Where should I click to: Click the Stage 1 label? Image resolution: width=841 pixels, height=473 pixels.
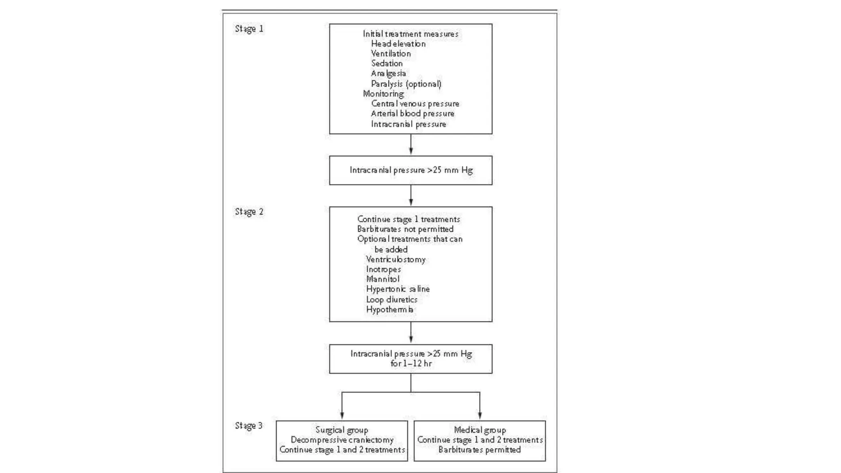point(249,29)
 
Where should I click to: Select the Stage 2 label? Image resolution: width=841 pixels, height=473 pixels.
point(249,212)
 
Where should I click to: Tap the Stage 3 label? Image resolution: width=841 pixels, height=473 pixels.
point(248,426)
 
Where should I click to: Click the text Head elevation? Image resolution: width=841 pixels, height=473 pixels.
point(398,44)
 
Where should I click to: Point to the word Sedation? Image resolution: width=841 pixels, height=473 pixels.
point(387,64)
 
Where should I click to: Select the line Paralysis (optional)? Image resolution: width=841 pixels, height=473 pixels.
point(406,84)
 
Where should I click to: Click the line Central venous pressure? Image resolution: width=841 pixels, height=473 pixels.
point(415,104)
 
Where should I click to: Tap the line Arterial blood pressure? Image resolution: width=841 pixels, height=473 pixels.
point(412,114)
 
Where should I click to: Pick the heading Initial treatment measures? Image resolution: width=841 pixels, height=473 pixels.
point(410,34)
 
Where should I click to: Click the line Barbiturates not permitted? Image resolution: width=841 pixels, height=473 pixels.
point(405,229)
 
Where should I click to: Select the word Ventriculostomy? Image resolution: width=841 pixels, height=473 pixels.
point(395,259)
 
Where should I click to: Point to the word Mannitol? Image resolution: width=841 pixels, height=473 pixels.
point(382,279)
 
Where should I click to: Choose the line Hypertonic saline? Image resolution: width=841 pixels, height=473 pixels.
point(398,289)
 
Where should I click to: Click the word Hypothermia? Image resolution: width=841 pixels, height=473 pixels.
point(389,310)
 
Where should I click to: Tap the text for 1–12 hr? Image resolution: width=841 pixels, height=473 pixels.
point(411,363)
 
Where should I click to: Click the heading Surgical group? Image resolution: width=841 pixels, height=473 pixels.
point(342,430)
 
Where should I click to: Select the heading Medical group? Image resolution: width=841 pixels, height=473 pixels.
point(480,430)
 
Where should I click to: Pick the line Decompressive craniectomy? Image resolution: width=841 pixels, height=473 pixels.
point(342,440)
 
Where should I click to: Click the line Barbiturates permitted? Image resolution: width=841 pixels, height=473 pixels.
point(479,450)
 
